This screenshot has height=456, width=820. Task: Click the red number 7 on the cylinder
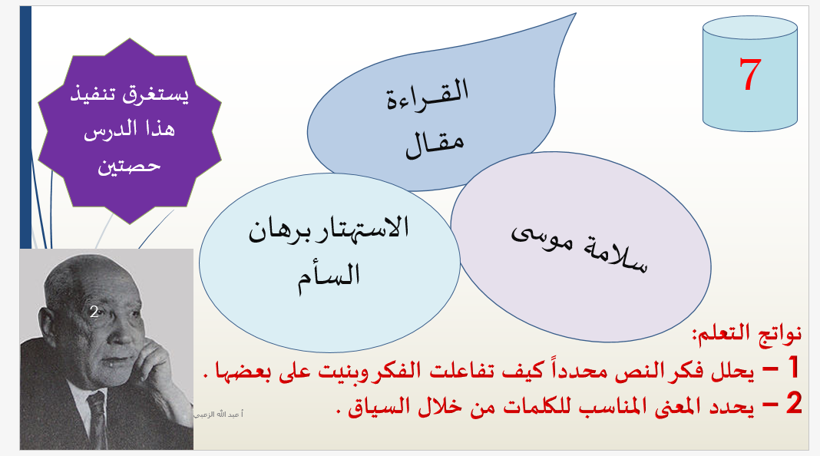click(x=750, y=74)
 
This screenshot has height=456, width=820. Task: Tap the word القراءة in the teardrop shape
click(x=427, y=94)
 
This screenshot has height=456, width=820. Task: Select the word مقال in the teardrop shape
click(x=435, y=144)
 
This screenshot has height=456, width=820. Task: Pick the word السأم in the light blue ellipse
click(x=329, y=276)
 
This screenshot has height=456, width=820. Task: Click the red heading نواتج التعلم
click(x=747, y=333)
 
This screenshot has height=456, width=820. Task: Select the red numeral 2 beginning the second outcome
click(x=794, y=403)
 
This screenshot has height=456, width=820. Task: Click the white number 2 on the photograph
click(x=94, y=312)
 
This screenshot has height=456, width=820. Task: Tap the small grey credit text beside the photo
click(x=219, y=415)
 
